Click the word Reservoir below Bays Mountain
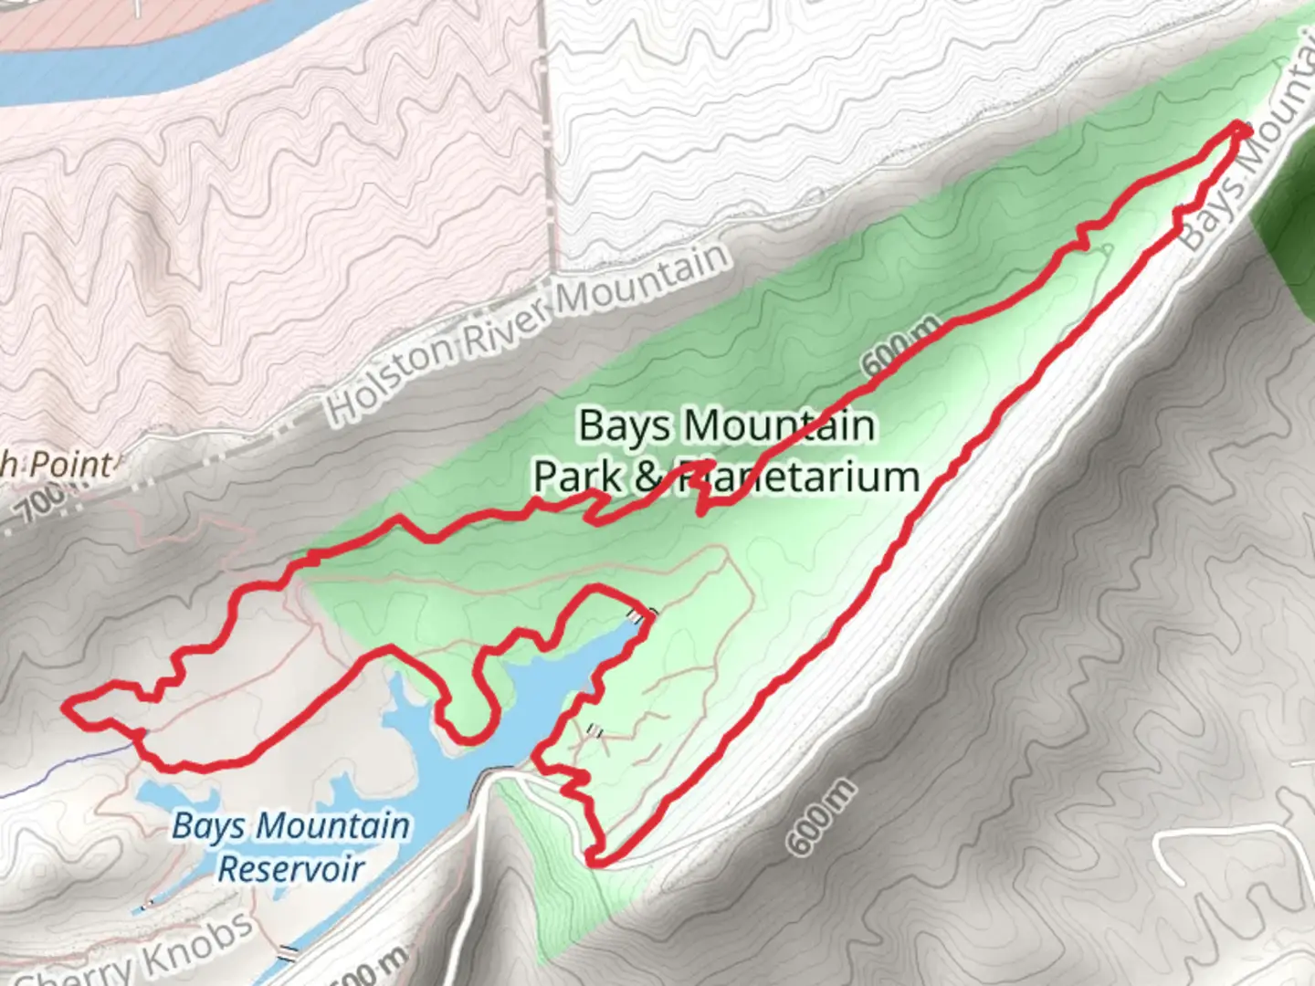pos(290,868)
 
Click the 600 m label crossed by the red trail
pos(899,348)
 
